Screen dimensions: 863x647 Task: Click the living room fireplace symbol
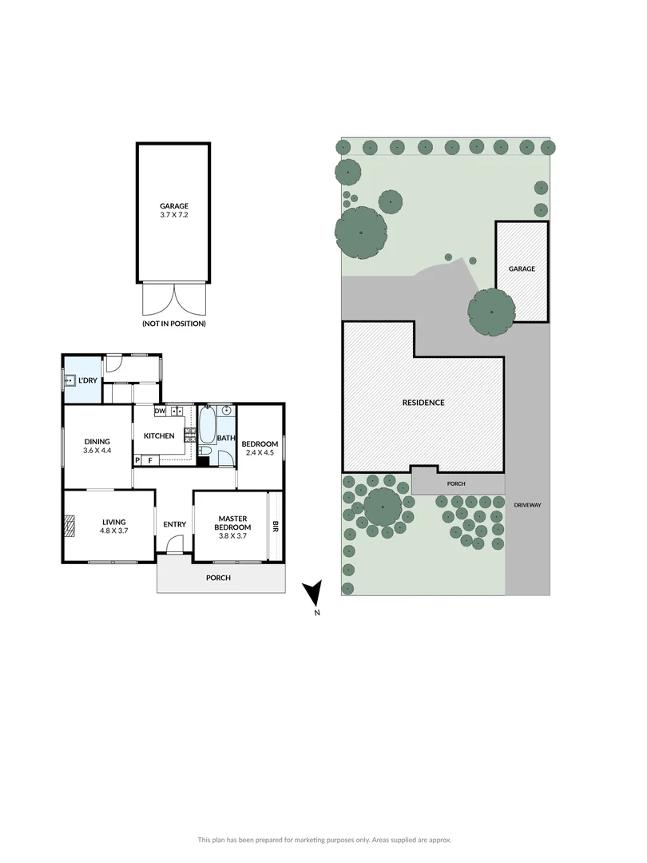coord(69,527)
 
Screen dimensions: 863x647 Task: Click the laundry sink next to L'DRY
coord(71,381)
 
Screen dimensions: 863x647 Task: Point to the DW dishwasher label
coord(160,412)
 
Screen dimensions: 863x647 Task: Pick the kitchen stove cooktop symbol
coord(190,435)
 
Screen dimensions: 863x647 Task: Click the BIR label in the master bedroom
coord(276,527)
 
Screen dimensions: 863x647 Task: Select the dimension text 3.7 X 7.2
coord(173,214)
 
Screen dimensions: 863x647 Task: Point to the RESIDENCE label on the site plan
coord(423,403)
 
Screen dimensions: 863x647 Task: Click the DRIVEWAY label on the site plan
coord(528,505)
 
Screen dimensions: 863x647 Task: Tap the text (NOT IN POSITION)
coord(173,324)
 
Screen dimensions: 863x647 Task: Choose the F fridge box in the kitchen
coord(149,460)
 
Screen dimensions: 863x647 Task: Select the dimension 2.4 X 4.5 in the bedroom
coord(260,453)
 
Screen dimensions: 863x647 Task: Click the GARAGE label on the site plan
coord(522,269)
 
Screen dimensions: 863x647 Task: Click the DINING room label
coord(97,442)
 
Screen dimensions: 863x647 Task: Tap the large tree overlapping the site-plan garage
coord(491,312)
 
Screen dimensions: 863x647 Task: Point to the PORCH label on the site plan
coord(456,483)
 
